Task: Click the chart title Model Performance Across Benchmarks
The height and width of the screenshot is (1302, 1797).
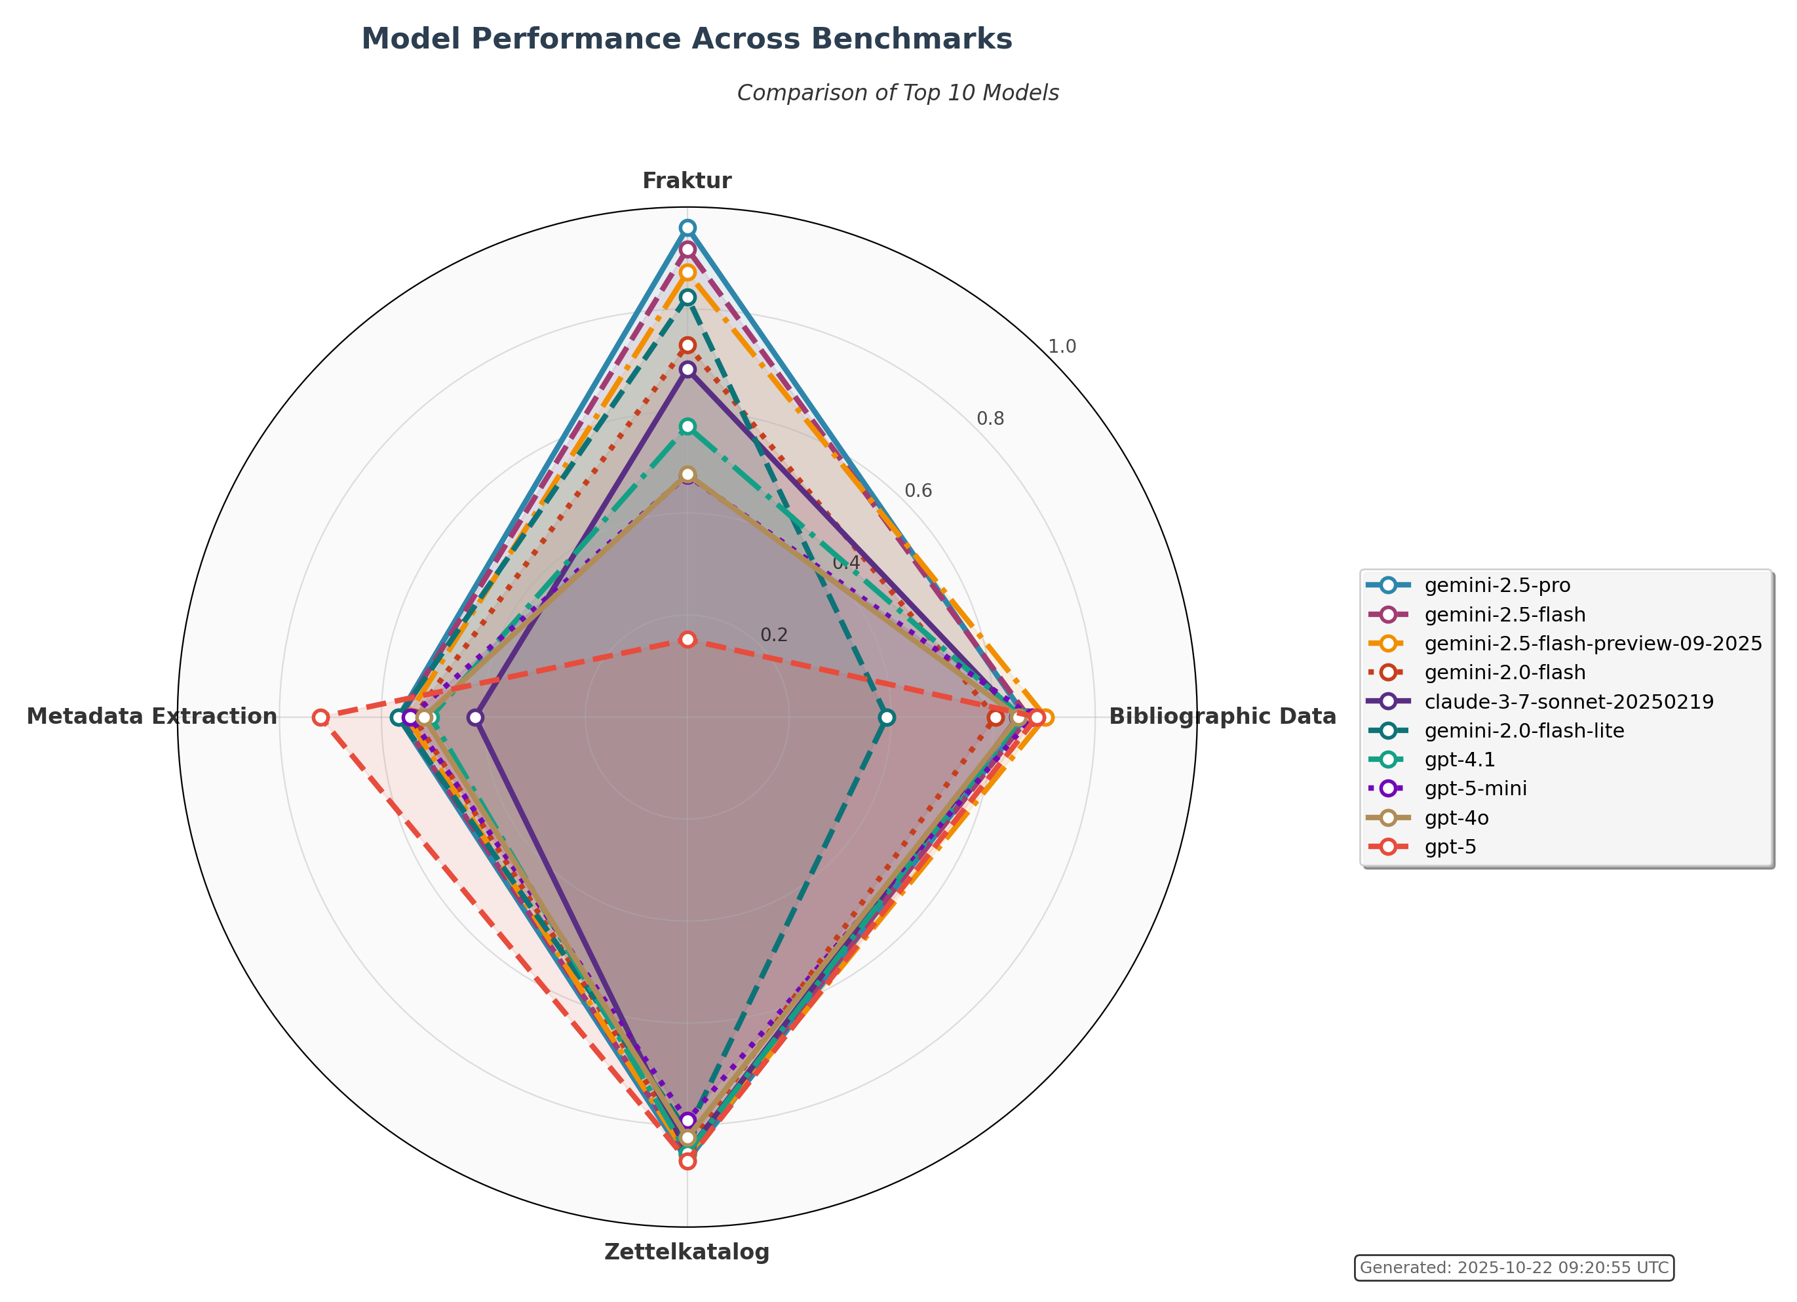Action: coord(686,39)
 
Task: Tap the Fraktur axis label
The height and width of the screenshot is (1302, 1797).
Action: coord(686,181)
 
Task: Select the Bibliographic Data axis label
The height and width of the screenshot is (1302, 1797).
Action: coord(1222,717)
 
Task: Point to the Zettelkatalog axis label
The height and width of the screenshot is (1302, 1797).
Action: coord(686,1252)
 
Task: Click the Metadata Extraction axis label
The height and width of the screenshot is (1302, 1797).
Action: coord(152,717)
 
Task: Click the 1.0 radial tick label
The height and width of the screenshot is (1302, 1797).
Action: coord(1062,346)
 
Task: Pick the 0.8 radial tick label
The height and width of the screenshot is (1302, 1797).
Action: coord(990,418)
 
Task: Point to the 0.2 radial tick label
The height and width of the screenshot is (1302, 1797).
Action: coord(774,635)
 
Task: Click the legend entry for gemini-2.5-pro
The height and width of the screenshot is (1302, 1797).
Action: coord(1497,585)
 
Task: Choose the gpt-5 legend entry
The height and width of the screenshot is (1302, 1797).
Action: coord(1450,847)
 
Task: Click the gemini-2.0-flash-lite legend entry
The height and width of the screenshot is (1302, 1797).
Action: coord(1524,730)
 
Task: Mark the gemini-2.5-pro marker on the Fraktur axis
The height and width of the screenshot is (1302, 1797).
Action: coord(687,228)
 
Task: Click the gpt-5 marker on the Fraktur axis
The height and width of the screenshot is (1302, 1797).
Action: coord(687,639)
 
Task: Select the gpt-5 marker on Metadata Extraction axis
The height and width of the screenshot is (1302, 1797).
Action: coord(320,717)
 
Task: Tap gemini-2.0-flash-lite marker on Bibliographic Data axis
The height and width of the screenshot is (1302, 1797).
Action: coord(887,717)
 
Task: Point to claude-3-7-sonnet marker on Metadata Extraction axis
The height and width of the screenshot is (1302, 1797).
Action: coord(474,717)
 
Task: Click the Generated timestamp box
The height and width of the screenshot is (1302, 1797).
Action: coord(1513,1267)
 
